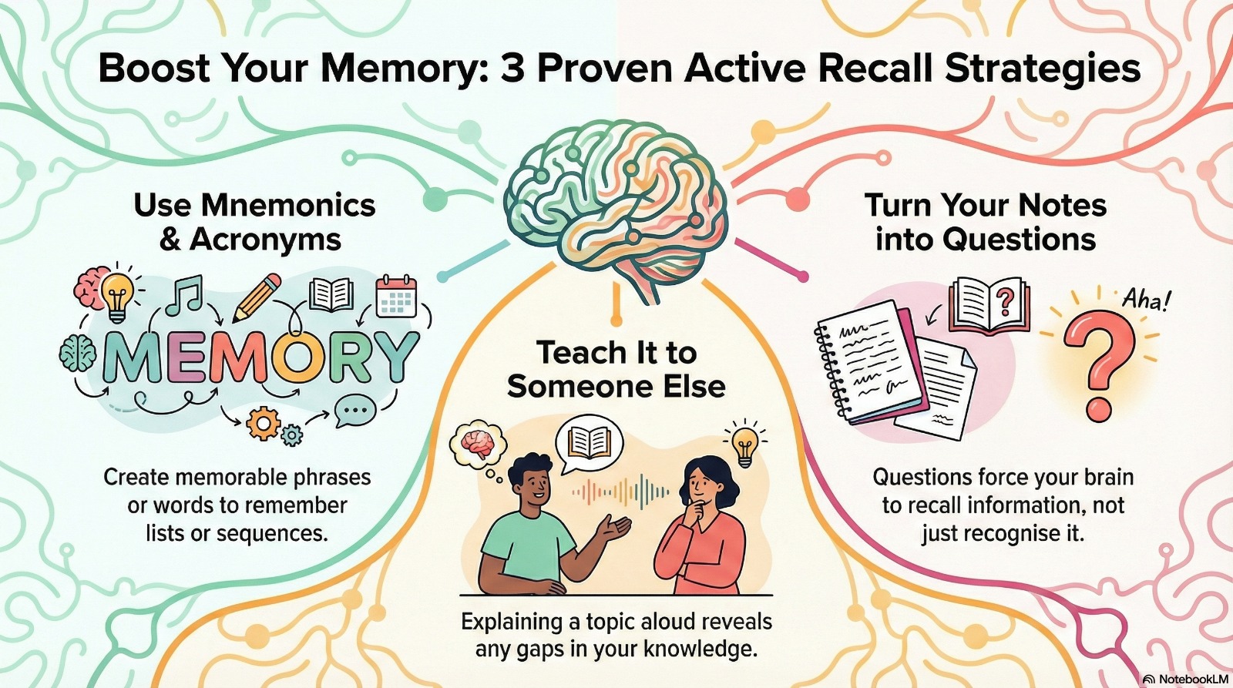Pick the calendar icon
pyautogui.click(x=396, y=297)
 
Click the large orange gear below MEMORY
pyautogui.click(x=264, y=424)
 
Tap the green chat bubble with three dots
pyautogui.click(x=355, y=411)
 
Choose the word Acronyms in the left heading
pyautogui.click(x=266, y=240)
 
